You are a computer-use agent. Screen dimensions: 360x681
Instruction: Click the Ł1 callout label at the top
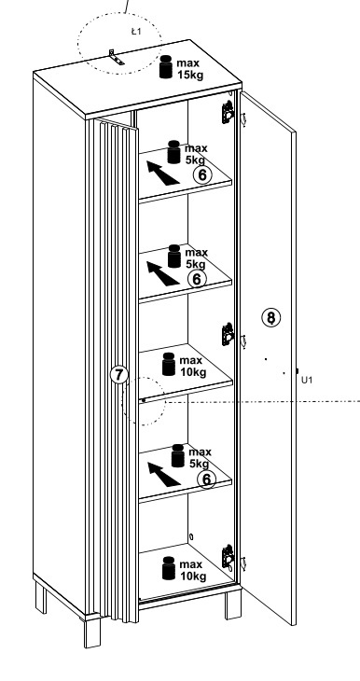tap(136, 32)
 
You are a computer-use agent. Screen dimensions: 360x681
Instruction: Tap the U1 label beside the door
tap(307, 380)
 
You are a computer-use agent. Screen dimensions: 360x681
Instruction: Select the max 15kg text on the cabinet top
tap(189, 69)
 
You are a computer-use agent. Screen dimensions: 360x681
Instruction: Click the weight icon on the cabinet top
tap(166, 67)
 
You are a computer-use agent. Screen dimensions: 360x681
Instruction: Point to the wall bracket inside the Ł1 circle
tap(116, 58)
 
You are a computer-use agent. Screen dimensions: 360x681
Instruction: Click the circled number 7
tap(119, 375)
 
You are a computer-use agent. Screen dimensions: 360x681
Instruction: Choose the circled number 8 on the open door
tap(271, 317)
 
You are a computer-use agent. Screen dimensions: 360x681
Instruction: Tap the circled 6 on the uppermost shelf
tap(202, 175)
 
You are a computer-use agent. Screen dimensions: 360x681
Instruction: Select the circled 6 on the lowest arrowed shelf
tap(206, 479)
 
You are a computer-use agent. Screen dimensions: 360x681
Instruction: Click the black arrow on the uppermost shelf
tap(162, 173)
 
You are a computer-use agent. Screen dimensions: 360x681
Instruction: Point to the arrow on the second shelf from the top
tap(162, 273)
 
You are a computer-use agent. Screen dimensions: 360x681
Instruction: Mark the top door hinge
tap(228, 113)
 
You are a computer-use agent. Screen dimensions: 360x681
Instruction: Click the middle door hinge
tap(228, 334)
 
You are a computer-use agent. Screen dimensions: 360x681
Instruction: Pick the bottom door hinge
tap(228, 556)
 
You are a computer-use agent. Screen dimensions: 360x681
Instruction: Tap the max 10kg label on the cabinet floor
tap(192, 571)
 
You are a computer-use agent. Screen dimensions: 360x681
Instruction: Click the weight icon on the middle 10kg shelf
tap(169, 364)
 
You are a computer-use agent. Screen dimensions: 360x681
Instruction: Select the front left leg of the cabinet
tap(92, 632)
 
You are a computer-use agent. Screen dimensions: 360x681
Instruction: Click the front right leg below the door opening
tap(233, 604)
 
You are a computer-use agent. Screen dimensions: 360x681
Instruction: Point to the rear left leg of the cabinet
tap(40, 598)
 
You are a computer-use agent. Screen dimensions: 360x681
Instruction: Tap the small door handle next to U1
tap(297, 371)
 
